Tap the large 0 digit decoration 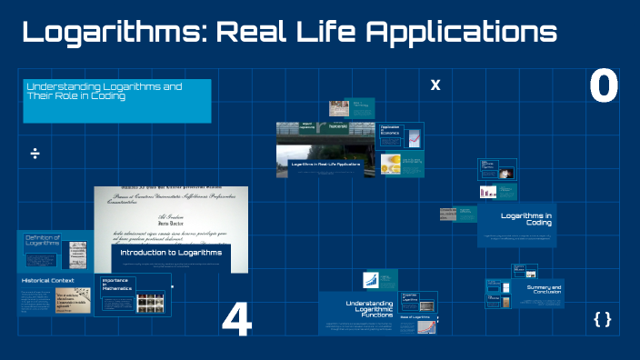pos(604,87)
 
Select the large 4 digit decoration pos(236,319)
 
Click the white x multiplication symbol pos(435,85)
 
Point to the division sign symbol pos(35,153)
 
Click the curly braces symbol pos(602,319)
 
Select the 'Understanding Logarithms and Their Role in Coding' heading pos(104,91)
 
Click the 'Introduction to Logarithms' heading pos(172,252)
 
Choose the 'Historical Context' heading pos(46,281)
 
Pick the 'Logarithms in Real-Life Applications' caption pos(325,164)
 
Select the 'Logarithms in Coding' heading pos(526,219)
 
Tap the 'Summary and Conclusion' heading pos(544,290)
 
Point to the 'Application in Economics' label pos(390,131)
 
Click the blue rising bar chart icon pos(372,280)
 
